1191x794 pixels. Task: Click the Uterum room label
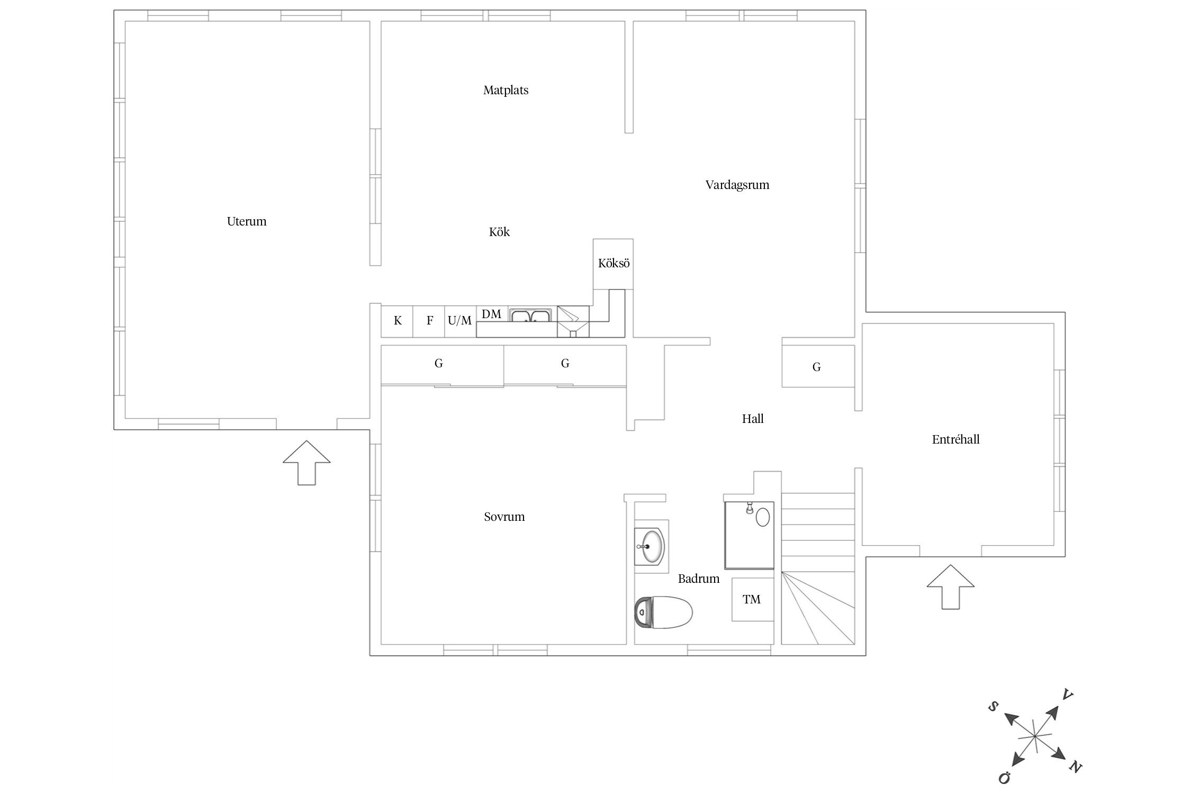pos(247,221)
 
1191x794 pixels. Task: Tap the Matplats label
pos(506,91)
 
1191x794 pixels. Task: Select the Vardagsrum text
pos(737,185)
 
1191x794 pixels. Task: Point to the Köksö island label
pos(613,263)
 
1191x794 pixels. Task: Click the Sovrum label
pos(504,517)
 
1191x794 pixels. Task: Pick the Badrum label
pos(699,579)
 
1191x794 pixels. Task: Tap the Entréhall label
pos(955,439)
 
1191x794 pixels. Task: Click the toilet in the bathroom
pos(663,612)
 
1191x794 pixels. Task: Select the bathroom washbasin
pos(651,546)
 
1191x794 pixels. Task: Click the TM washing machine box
pos(752,599)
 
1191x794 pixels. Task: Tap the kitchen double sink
pos(531,315)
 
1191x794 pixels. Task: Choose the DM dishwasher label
pos(491,314)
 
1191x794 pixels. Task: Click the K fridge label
pos(398,321)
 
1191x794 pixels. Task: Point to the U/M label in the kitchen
pos(459,321)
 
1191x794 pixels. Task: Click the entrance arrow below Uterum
pos(306,462)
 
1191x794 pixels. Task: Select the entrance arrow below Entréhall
pos(950,587)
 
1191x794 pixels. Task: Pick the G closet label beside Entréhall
pos(816,367)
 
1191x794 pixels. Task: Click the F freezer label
pos(430,321)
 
